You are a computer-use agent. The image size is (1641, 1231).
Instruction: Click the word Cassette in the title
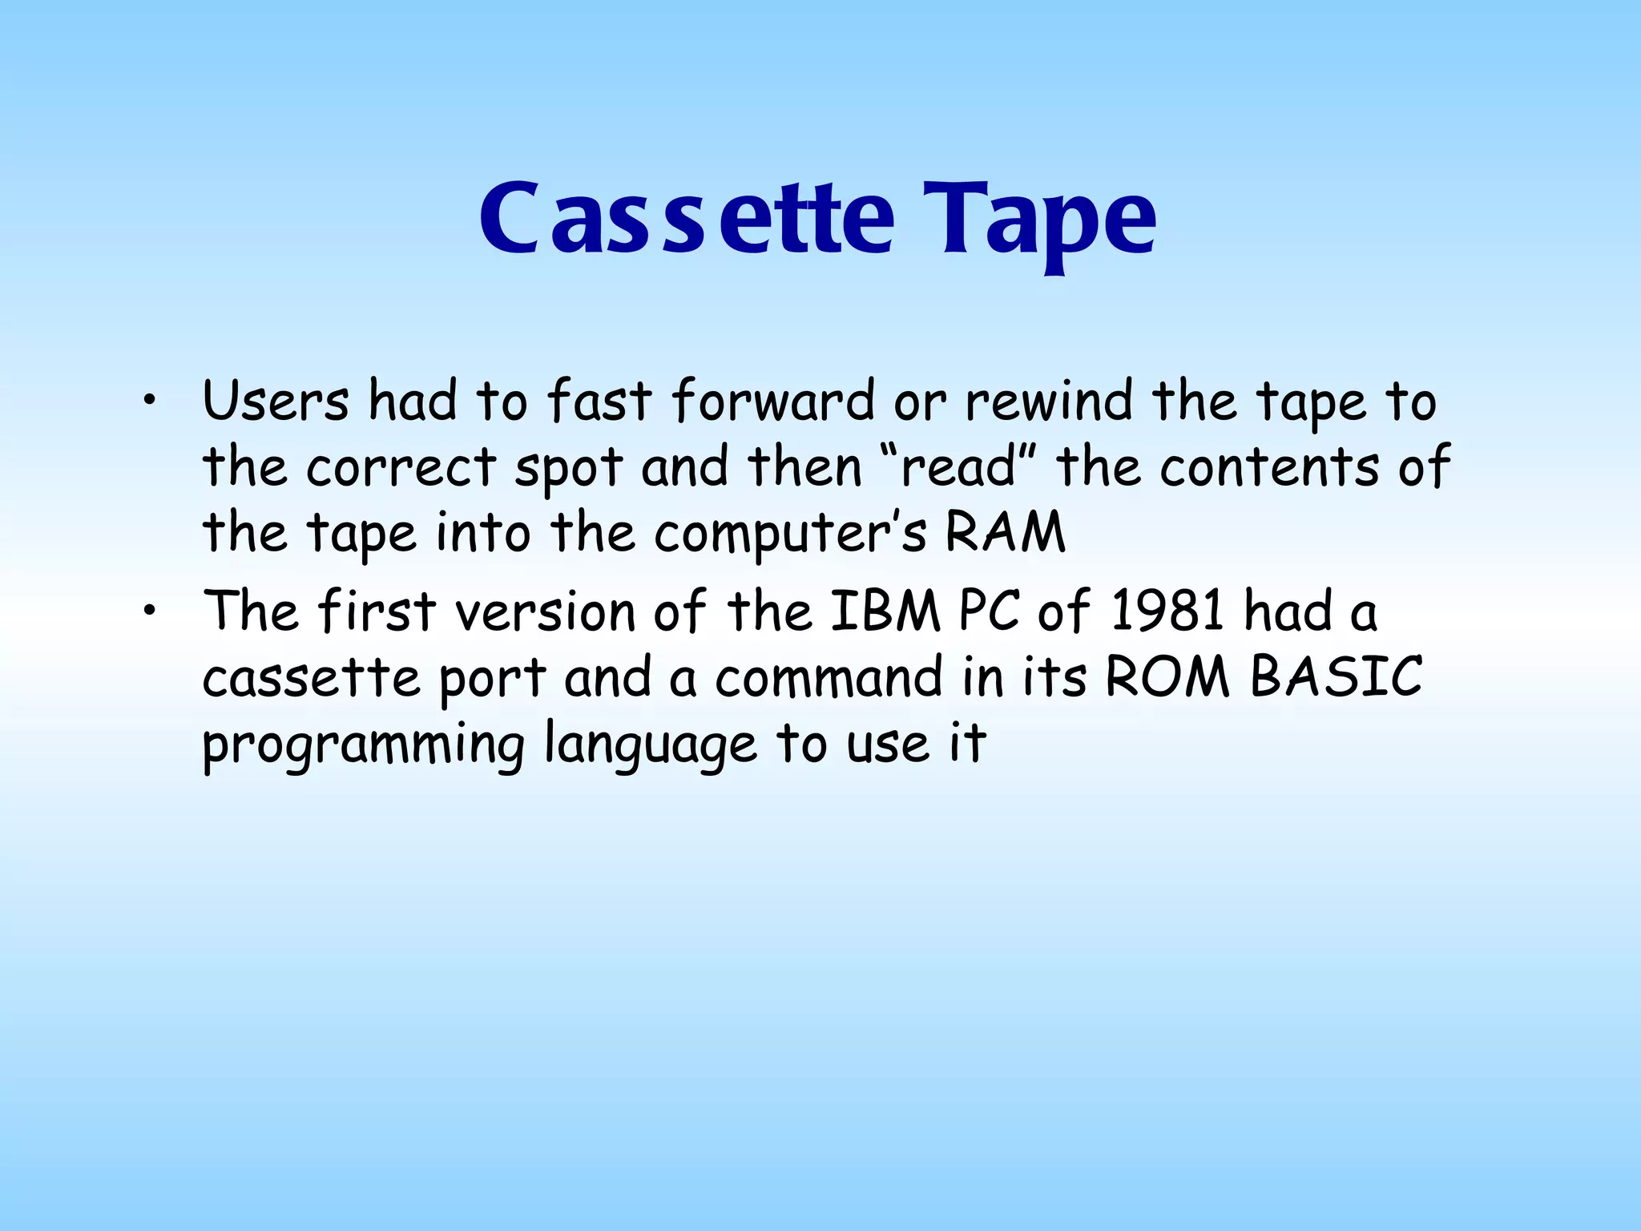click(686, 218)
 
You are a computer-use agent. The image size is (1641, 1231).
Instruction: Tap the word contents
click(1269, 467)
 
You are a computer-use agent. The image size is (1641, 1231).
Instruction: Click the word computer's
click(790, 533)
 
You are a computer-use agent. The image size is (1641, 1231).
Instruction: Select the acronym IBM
click(885, 611)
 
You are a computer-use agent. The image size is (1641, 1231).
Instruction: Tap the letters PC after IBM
click(989, 611)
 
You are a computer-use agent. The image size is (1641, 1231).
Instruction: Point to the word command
click(829, 678)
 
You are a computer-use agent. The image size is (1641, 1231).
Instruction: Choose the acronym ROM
click(1167, 678)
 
